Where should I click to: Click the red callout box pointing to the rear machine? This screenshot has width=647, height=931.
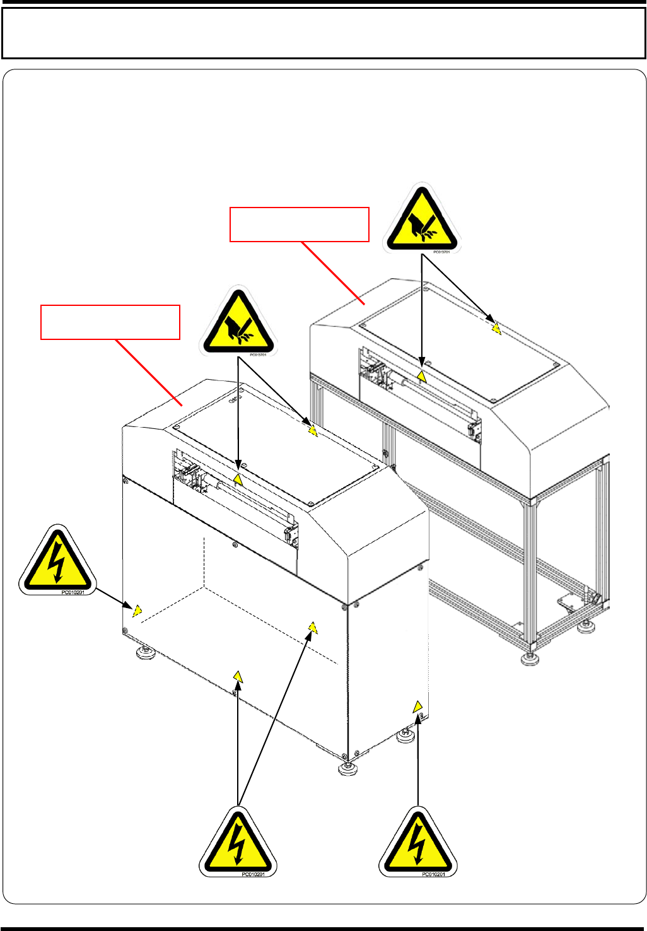pyautogui.click(x=299, y=224)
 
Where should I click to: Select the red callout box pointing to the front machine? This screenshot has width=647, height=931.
pyautogui.click(x=110, y=322)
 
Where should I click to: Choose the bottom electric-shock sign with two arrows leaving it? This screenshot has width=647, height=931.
pyautogui.click(x=238, y=843)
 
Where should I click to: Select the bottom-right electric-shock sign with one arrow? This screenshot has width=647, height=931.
pyautogui.click(x=417, y=843)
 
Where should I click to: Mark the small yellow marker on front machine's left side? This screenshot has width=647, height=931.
pyautogui.click(x=137, y=610)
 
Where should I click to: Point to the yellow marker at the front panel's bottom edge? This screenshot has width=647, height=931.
pyautogui.click(x=238, y=677)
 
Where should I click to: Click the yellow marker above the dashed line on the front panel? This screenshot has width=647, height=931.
pyautogui.click(x=312, y=627)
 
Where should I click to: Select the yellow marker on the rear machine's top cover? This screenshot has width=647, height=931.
pyautogui.click(x=496, y=328)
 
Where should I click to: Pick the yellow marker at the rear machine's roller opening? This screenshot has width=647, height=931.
pyautogui.click(x=422, y=377)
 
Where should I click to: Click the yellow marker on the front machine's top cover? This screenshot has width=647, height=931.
pyautogui.click(x=313, y=431)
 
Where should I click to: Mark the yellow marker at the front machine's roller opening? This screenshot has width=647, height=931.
pyautogui.click(x=238, y=479)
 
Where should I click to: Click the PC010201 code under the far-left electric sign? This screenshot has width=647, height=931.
pyautogui.click(x=73, y=592)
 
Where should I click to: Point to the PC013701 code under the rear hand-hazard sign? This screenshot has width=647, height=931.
pyautogui.click(x=441, y=252)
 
